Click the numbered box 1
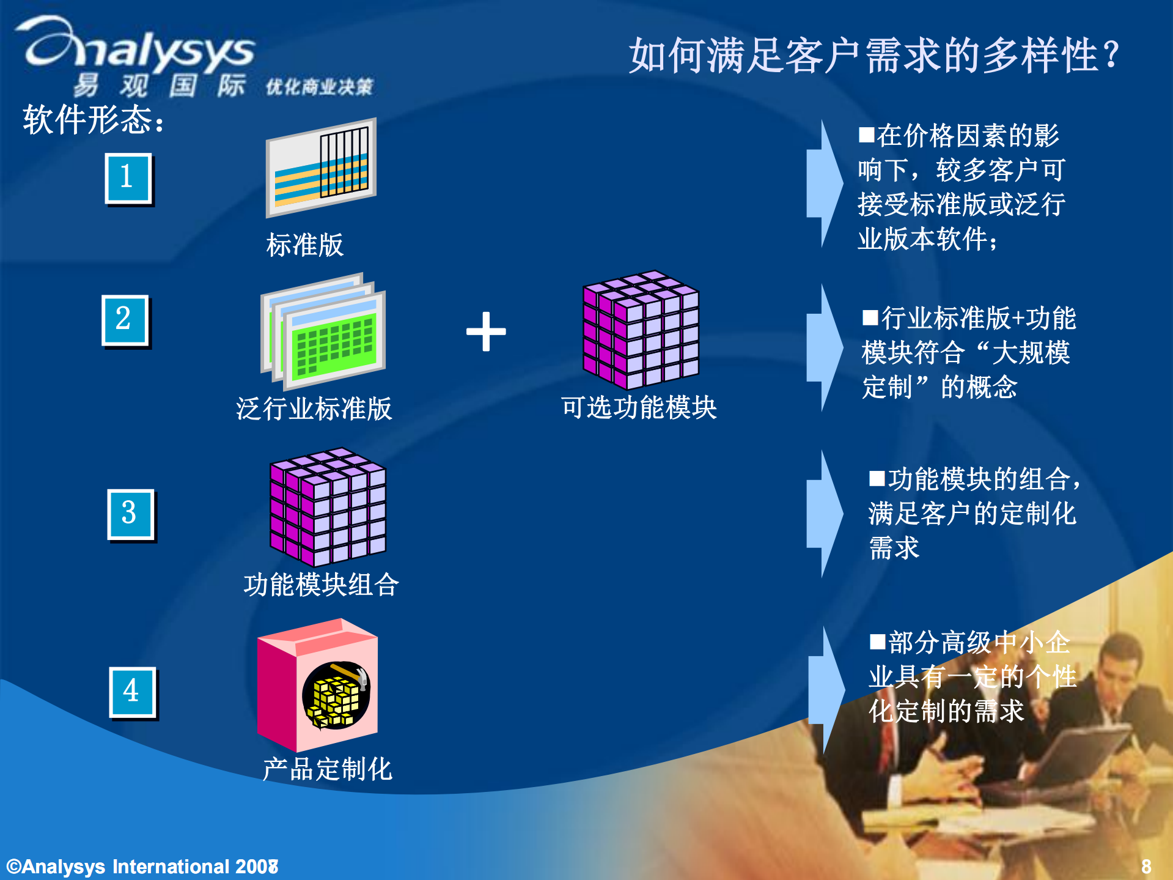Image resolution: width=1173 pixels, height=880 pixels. [x=128, y=178]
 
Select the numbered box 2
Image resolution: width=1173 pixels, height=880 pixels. [x=125, y=320]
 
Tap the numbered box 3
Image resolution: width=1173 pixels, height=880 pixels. [x=131, y=514]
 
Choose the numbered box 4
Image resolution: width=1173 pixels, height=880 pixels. [x=133, y=692]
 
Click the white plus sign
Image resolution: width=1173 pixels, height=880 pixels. [x=486, y=332]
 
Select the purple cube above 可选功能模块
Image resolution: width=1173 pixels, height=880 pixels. [x=641, y=330]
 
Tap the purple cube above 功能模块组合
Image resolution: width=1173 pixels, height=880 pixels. [x=328, y=507]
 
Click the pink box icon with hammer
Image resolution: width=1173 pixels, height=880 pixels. [x=318, y=685]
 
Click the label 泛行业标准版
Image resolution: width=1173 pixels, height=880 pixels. [x=314, y=409]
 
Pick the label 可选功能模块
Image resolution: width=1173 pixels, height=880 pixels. [x=639, y=407]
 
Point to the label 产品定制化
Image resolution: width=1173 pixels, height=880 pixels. [x=328, y=769]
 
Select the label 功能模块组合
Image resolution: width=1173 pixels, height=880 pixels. [x=321, y=585]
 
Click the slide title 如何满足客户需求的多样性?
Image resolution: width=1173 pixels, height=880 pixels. [x=874, y=55]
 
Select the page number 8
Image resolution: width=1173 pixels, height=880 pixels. [x=1146, y=866]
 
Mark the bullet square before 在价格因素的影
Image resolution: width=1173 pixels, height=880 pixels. [x=866, y=135]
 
